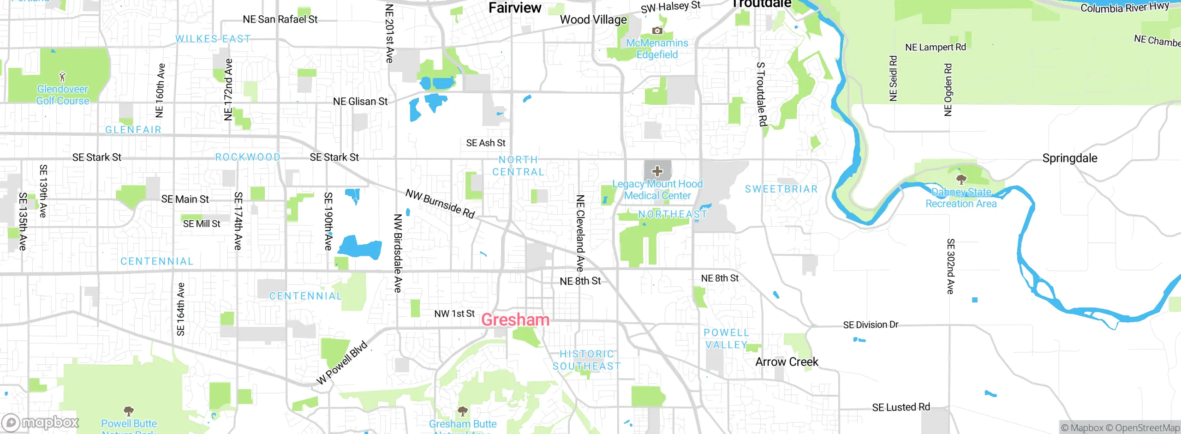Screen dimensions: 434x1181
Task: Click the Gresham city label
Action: (x=515, y=319)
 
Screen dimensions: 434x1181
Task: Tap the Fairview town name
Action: (x=514, y=8)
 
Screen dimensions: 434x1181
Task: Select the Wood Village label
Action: (x=593, y=20)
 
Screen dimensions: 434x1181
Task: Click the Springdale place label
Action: (x=1069, y=158)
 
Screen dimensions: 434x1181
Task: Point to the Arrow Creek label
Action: (x=787, y=362)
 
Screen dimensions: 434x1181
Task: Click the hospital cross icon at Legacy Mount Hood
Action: (x=657, y=171)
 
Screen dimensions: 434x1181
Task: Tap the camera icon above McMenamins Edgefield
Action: (x=657, y=31)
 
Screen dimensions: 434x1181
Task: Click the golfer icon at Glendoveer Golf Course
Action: (x=63, y=76)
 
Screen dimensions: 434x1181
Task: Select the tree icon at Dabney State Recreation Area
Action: (x=961, y=179)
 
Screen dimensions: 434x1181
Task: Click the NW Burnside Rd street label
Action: (x=440, y=204)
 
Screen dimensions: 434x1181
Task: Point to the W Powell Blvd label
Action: (x=342, y=363)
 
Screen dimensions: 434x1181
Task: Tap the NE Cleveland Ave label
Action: (x=580, y=233)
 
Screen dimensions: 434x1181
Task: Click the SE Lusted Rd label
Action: (x=901, y=407)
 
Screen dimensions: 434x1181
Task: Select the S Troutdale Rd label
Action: (x=762, y=94)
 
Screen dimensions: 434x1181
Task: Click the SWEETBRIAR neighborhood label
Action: (x=781, y=189)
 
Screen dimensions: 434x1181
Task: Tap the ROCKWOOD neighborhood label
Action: (x=248, y=157)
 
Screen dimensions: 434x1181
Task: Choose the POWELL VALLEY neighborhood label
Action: (x=726, y=339)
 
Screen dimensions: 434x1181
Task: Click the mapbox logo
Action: (x=41, y=422)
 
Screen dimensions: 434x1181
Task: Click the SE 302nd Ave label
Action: (x=950, y=266)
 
